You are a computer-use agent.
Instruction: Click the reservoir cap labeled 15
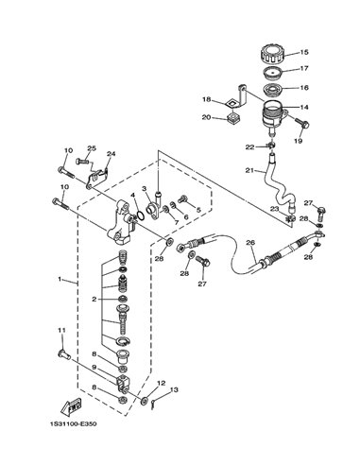(x=273, y=55)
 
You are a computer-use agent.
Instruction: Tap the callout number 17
(x=304, y=68)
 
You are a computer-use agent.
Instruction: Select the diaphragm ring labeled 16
(x=273, y=90)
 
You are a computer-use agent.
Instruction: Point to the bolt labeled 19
(x=302, y=124)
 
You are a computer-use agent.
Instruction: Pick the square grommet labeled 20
(x=233, y=120)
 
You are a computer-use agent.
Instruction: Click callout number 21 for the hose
(x=249, y=170)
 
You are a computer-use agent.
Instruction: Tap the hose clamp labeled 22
(x=271, y=146)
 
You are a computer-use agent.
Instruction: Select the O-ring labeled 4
(x=141, y=216)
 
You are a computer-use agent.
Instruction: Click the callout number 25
(x=92, y=148)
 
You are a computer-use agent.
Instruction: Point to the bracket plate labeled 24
(x=97, y=179)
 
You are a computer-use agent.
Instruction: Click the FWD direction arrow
(x=71, y=406)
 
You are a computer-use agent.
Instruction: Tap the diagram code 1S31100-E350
(x=73, y=424)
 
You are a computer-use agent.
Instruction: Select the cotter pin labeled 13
(x=152, y=404)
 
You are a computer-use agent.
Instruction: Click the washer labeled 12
(x=145, y=401)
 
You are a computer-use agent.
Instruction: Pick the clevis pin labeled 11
(x=64, y=354)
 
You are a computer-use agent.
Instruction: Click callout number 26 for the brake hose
(x=250, y=243)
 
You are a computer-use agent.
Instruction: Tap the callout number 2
(x=94, y=300)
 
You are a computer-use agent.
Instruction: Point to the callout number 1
(x=60, y=279)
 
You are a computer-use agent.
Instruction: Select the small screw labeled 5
(x=182, y=199)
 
